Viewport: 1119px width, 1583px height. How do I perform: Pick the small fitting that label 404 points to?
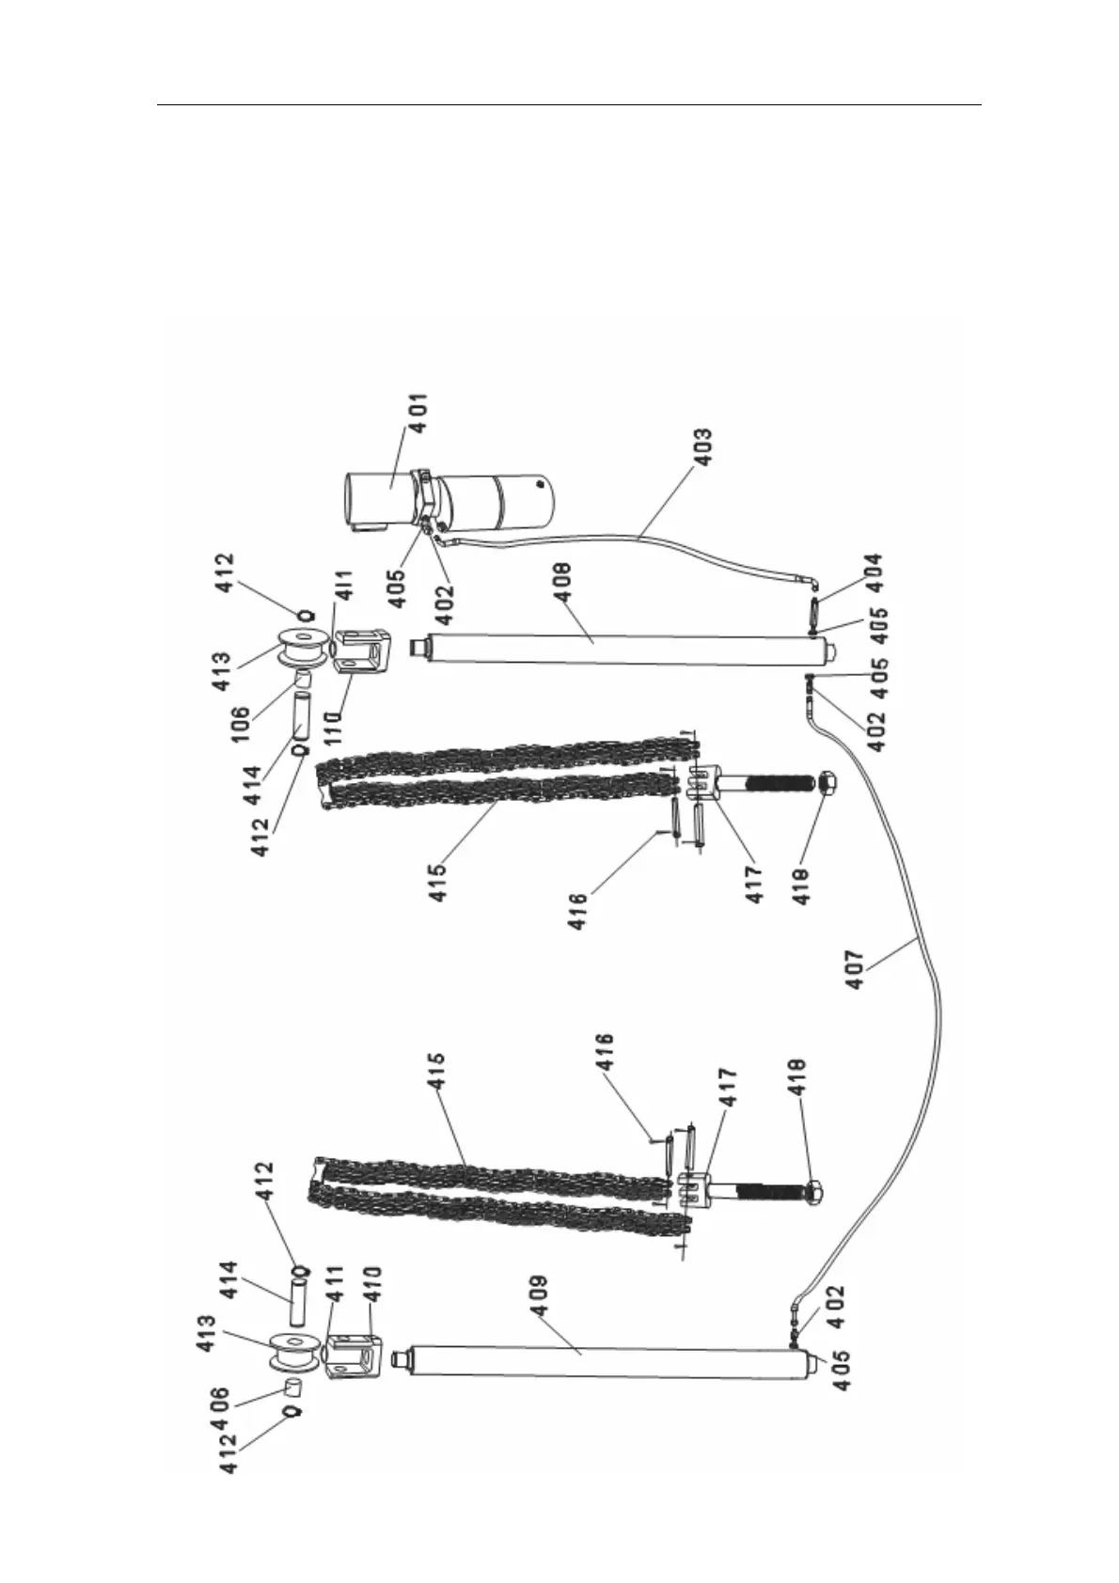(x=814, y=608)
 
